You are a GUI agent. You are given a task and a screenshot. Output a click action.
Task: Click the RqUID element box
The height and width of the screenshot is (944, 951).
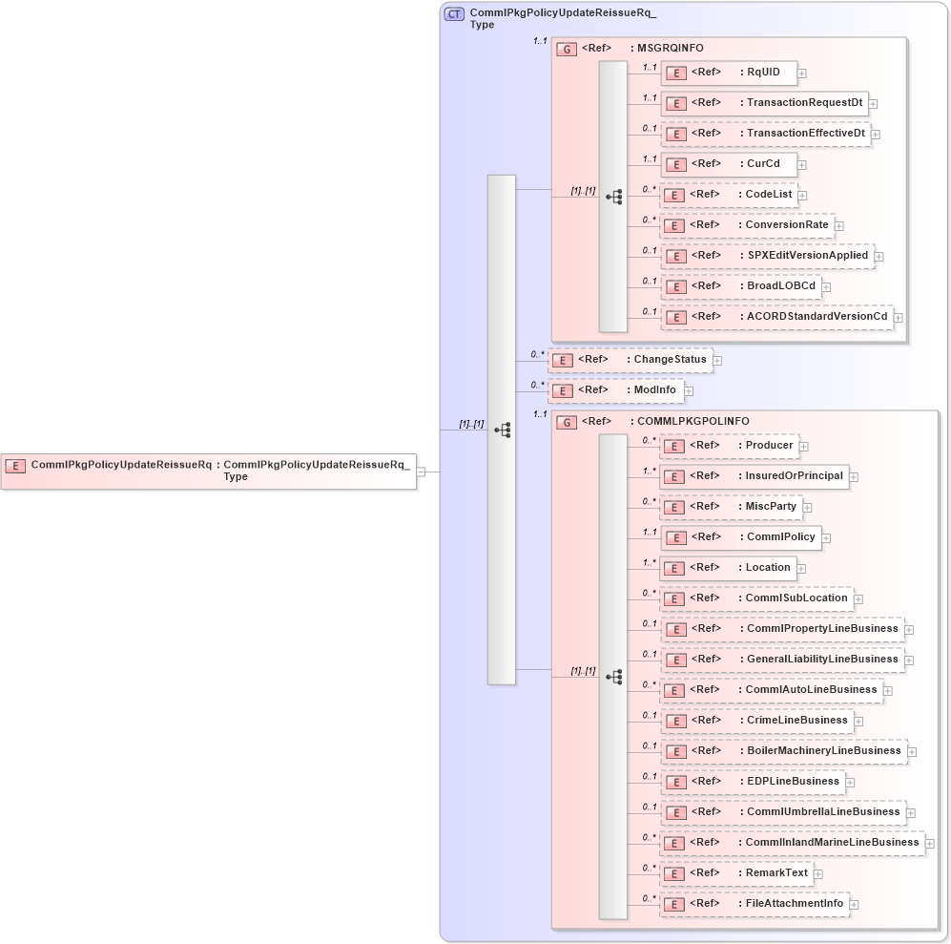[x=729, y=73]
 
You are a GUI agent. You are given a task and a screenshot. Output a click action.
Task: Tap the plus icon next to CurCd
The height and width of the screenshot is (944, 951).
[x=803, y=164]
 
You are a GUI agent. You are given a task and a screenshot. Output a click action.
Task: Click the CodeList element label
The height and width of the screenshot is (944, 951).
[x=769, y=194]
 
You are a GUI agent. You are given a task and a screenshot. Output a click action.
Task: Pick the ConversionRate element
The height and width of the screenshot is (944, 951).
[x=747, y=225]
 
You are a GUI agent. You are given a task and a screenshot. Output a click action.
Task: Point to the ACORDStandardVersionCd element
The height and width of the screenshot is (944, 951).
[x=776, y=317]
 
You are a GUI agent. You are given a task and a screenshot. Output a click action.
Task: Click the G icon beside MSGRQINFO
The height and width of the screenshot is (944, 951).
[x=567, y=49]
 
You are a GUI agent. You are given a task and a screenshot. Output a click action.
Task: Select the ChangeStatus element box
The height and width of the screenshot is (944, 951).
[x=631, y=360]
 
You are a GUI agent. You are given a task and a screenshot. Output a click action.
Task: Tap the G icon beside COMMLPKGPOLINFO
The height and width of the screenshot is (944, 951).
[x=567, y=422]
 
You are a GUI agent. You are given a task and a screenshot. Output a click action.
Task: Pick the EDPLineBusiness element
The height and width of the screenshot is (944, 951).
[x=753, y=782]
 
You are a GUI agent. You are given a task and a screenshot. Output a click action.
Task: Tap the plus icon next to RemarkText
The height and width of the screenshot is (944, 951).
[x=818, y=874]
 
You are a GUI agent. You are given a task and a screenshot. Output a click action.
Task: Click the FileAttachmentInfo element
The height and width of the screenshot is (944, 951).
[x=754, y=904]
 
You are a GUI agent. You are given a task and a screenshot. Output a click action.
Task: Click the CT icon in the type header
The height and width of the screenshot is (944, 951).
[x=455, y=14]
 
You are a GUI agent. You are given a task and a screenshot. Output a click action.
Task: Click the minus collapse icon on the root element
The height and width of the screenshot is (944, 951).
[x=421, y=471]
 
